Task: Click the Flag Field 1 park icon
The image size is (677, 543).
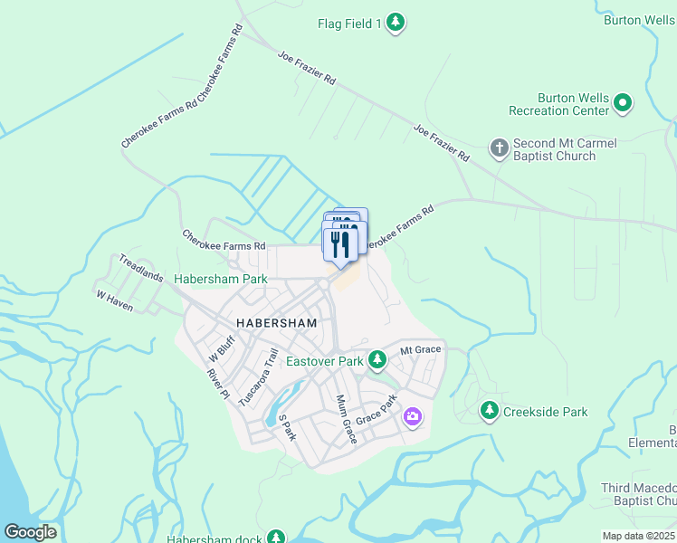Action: [x=395, y=24]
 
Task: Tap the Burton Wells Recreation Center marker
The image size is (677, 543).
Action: [x=622, y=104]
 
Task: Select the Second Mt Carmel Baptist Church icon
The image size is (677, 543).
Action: [x=498, y=147]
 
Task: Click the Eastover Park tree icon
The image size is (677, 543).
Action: [x=377, y=361]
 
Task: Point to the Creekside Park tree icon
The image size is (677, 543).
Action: [x=490, y=412]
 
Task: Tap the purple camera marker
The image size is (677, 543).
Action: [x=413, y=416]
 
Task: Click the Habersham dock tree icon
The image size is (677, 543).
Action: [x=275, y=538]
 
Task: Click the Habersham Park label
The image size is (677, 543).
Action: [x=221, y=280]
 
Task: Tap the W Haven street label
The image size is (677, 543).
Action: [x=115, y=301]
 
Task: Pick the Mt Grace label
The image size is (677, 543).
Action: [x=420, y=349]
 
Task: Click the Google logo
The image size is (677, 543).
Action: [x=30, y=532]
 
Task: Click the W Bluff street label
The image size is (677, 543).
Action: [x=220, y=344]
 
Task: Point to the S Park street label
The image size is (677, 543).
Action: [x=288, y=428]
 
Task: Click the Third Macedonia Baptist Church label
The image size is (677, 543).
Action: [x=639, y=494]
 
